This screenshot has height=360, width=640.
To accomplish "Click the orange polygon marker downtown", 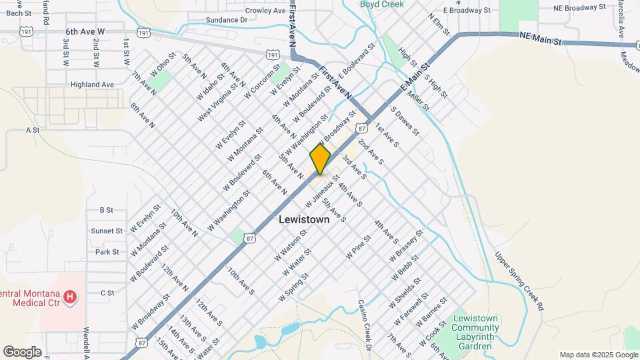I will coord(320,159).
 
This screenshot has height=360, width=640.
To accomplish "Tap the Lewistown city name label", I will coord(303,219).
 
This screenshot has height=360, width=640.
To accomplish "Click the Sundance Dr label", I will coord(227,20).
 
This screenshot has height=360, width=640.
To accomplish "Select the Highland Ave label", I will coord(93,85).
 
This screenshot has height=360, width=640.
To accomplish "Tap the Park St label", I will coord(107,252).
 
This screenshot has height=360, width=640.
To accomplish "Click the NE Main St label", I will coord(541,41).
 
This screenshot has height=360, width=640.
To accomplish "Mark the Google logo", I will coord(22,352).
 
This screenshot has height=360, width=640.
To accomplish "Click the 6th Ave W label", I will coord(85,31).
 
